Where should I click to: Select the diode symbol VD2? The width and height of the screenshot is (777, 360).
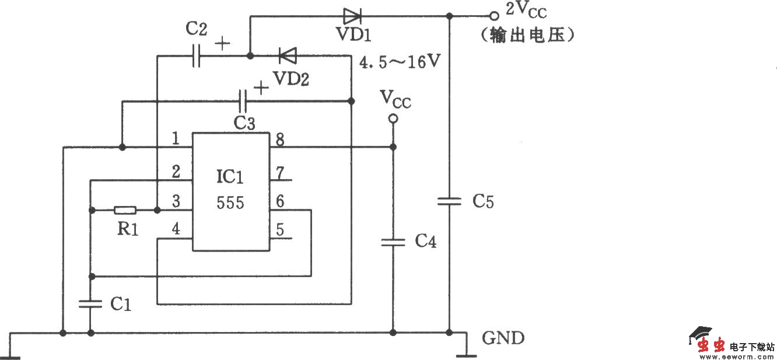click(x=287, y=56)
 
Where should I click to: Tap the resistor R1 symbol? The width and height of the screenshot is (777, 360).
click(x=125, y=210)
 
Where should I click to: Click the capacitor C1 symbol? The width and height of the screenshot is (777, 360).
click(x=90, y=303)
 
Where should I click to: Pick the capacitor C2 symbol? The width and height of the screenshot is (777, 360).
click(x=196, y=57)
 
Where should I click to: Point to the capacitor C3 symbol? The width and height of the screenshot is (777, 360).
click(x=244, y=102)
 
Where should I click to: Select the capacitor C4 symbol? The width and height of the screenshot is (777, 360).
click(x=393, y=242)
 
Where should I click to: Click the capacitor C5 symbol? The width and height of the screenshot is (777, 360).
click(x=449, y=201)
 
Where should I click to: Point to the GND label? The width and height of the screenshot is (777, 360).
click(x=503, y=338)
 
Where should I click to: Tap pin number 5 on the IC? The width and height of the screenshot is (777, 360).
click(x=280, y=230)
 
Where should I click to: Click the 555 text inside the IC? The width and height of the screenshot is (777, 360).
click(x=230, y=203)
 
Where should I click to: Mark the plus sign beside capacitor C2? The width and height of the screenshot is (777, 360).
click(x=222, y=43)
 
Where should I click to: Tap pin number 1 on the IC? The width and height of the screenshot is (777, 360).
click(x=176, y=139)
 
